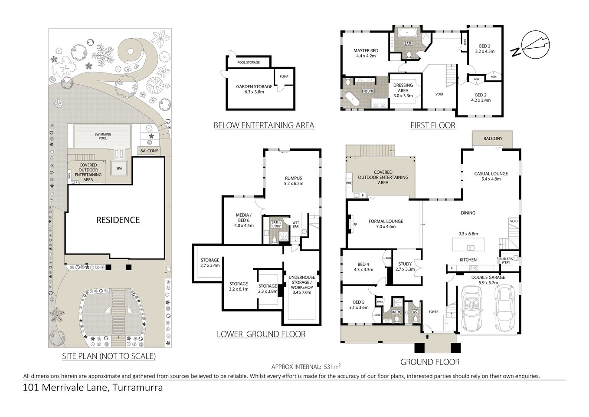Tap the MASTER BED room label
366,51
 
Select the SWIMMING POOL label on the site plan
103,136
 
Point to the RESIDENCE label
118,220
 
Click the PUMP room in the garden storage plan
284,77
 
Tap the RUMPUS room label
294,178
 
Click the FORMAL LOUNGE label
386,221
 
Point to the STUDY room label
405,264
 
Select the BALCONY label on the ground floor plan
493,139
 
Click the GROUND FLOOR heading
429,362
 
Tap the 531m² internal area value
332,367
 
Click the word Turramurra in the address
137,388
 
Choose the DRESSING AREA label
403,88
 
